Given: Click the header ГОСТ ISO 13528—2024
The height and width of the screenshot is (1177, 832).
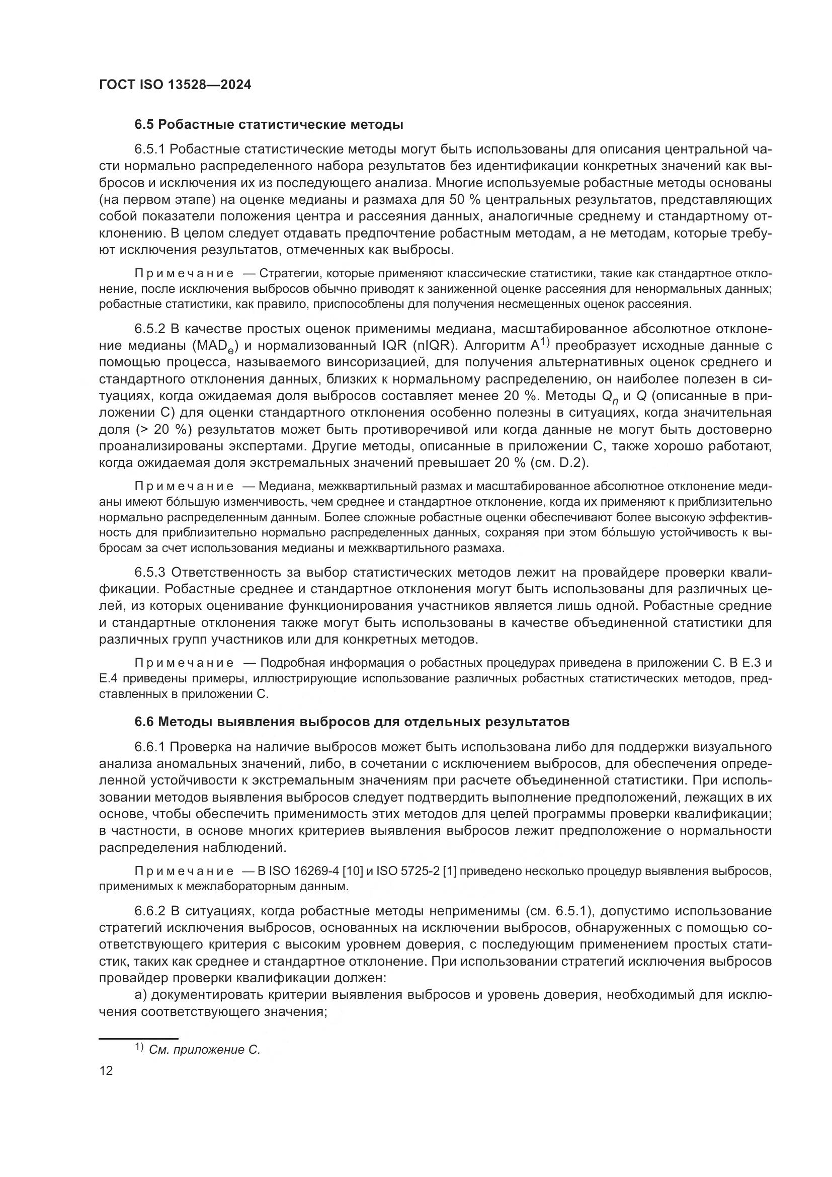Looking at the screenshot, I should pos(175,85).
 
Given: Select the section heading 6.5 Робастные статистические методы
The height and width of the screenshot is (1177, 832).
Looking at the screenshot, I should pos(269,125).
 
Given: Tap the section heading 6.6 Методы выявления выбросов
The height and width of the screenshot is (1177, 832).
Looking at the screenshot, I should pos(352,722).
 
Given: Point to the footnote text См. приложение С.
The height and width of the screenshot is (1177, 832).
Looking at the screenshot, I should pos(204,1049).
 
